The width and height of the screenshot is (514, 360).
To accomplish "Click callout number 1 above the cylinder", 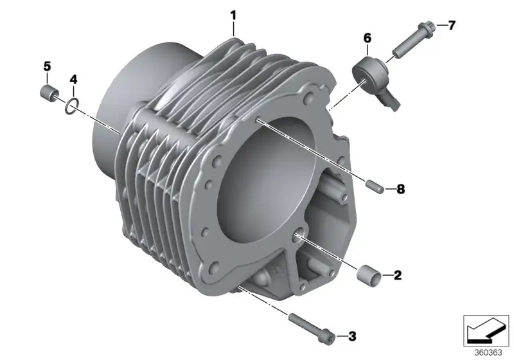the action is pos(233,15).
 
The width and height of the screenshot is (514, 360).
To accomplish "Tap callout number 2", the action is pos(397,275).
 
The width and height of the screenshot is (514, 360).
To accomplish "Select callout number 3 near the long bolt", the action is pos(352,336).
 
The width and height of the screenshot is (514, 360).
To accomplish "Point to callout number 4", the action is pos(73,79).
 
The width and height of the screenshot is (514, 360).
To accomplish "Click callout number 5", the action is pos(47,66).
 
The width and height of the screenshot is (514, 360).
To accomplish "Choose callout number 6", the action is pos(368,39).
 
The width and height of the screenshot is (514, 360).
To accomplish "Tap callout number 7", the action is pos(452,25).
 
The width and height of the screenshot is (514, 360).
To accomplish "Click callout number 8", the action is pos(400,189).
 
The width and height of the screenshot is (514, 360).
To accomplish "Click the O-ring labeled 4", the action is pos(72,106).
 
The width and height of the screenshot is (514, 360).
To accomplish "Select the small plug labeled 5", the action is pos(49,92).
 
